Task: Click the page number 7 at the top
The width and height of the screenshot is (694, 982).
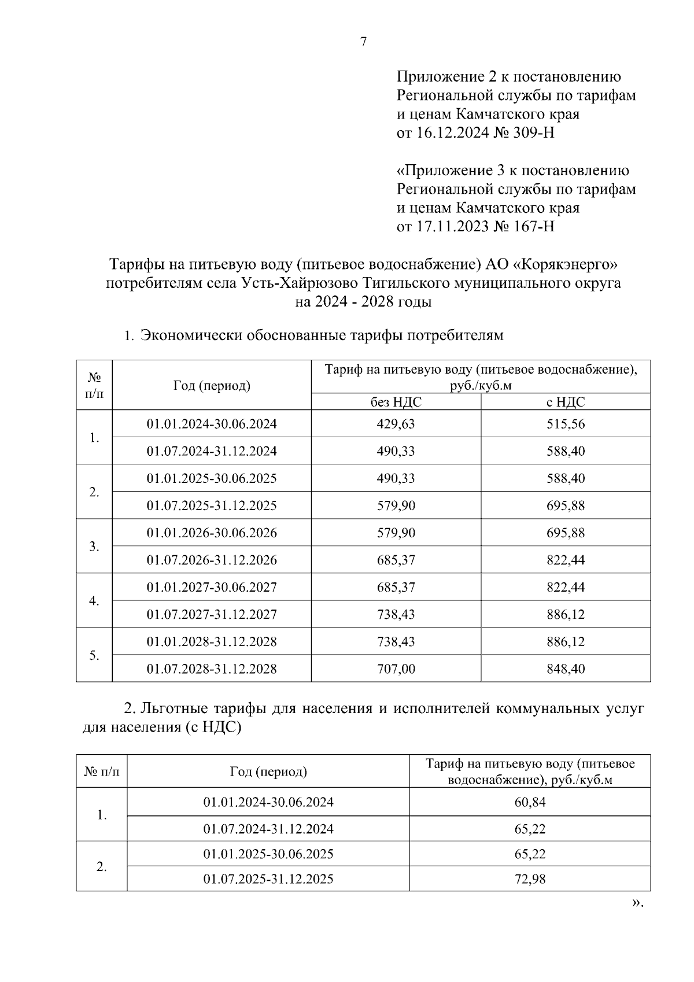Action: click(363, 42)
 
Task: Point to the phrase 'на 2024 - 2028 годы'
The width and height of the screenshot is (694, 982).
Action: click(363, 302)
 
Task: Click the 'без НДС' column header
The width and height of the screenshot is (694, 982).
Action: click(396, 402)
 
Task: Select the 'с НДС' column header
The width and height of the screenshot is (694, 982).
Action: click(566, 402)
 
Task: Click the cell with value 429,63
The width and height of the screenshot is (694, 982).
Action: click(396, 424)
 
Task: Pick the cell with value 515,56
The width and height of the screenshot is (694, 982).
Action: click(566, 424)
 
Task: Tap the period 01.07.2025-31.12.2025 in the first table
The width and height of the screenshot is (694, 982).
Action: click(212, 505)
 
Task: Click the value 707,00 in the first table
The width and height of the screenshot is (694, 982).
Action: click(396, 669)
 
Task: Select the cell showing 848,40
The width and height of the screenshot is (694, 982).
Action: click(566, 669)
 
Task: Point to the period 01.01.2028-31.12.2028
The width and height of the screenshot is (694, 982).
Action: click(212, 642)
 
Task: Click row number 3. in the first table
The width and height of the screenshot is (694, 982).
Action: click(94, 547)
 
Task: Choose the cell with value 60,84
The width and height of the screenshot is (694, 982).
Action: click(530, 802)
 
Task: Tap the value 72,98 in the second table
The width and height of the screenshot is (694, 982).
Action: click(530, 880)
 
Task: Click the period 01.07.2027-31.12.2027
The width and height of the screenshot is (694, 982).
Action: click(212, 614)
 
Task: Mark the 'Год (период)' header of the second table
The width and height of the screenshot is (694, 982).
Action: click(268, 771)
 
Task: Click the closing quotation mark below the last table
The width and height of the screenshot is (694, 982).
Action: click(637, 903)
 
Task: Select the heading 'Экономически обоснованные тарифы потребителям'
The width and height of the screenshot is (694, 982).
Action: click(322, 335)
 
